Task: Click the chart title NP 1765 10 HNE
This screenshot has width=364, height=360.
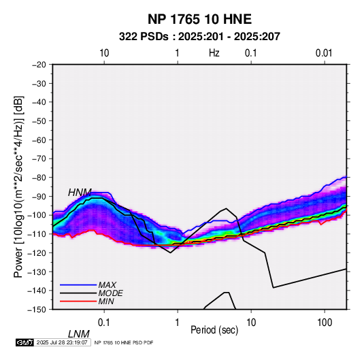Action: click(199, 19)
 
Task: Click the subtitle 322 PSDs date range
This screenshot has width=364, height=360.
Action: click(199, 37)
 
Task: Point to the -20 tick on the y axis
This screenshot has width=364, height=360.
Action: click(39, 65)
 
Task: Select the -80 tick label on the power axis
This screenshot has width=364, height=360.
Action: click(39, 178)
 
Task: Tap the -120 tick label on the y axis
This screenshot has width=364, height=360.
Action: click(37, 252)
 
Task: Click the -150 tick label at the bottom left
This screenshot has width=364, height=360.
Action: click(37, 310)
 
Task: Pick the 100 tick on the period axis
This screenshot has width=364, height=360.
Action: click(325, 323)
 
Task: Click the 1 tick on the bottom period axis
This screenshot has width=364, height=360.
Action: click(178, 323)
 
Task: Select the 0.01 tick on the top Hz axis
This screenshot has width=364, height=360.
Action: click(324, 53)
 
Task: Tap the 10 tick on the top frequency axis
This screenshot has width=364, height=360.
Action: click(104, 53)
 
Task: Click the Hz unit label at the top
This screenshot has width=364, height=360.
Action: click(214, 53)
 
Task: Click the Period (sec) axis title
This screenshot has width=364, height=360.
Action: click(214, 330)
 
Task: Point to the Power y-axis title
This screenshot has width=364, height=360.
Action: click(18, 186)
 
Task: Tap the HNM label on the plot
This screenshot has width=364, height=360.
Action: click(80, 193)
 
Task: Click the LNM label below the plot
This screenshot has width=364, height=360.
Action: click(79, 334)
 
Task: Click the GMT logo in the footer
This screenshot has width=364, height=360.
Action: click(24, 342)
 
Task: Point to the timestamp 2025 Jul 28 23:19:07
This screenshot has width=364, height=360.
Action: click(62, 342)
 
